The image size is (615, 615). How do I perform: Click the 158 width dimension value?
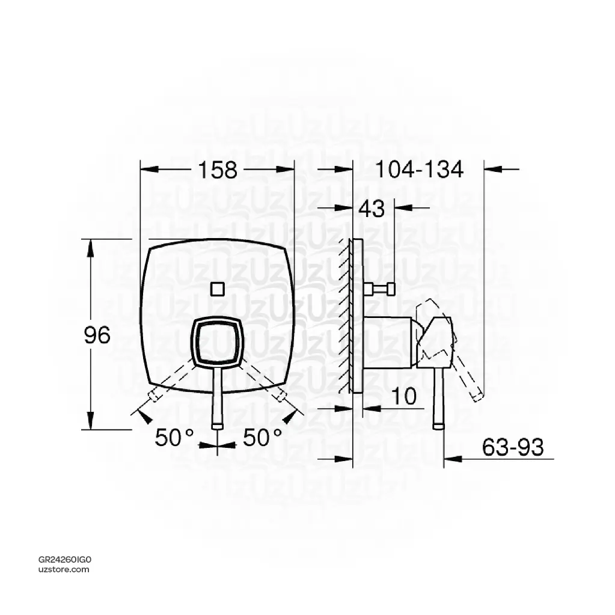[x=216, y=171]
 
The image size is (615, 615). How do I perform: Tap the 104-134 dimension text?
[x=420, y=171]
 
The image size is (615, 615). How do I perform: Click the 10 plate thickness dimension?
[x=403, y=396]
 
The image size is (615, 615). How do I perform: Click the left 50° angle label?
[x=174, y=438]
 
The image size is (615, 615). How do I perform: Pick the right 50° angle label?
[x=263, y=438]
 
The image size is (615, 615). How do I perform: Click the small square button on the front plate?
[x=217, y=289]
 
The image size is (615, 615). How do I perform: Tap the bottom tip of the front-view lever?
[x=217, y=425]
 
